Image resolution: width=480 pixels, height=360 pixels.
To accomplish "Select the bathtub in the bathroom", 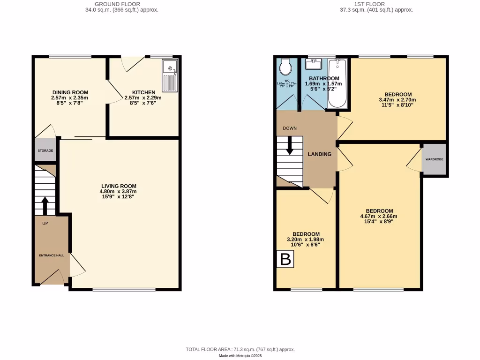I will coord(337,83).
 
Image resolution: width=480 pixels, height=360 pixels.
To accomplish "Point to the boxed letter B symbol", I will coord(285,259).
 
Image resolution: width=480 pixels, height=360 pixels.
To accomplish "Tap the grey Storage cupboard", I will coord(45,150).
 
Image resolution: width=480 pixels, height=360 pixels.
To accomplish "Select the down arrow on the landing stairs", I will coord(289,145).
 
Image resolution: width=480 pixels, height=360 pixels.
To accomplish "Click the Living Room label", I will coord(119,186).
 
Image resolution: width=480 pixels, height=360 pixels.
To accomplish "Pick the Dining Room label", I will coord(70,92).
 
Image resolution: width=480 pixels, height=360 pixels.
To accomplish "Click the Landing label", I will coord(319,154).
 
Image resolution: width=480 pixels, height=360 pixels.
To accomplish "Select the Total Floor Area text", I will coord(240,350).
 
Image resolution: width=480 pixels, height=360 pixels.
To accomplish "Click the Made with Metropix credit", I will coord(240,356).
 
